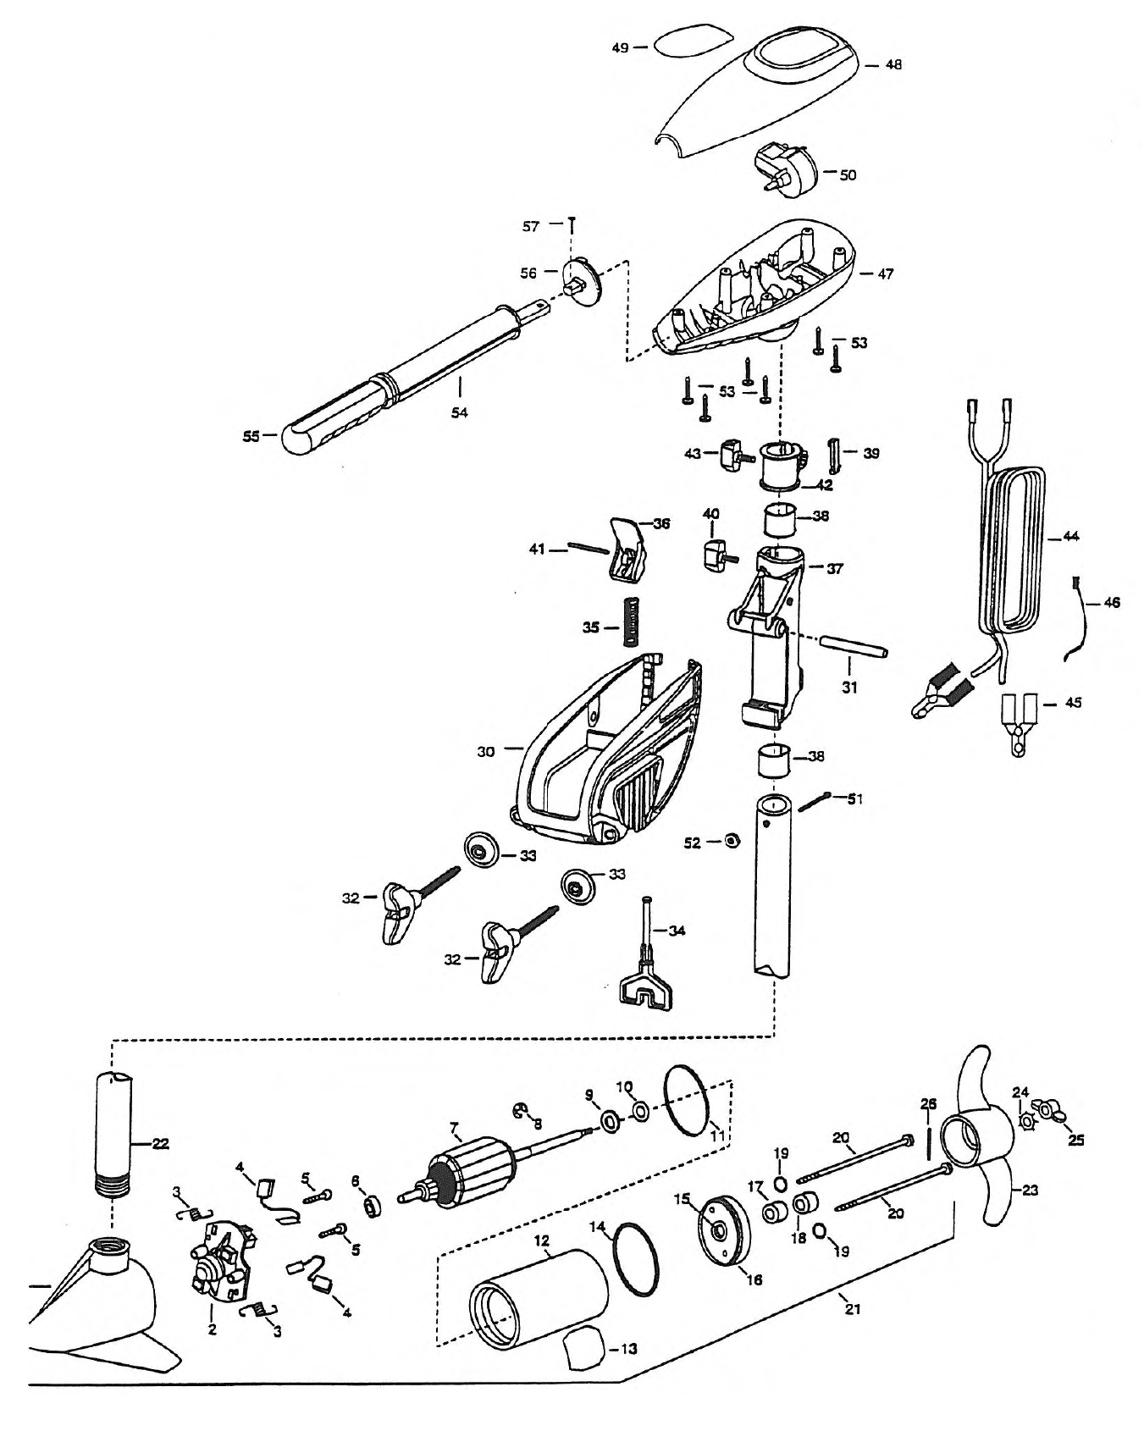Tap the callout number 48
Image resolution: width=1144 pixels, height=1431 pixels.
[x=893, y=64]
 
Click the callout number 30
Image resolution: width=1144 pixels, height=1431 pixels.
[x=485, y=751]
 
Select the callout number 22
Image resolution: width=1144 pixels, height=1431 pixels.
[x=160, y=1144]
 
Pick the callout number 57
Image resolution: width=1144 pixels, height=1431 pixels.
[x=531, y=226]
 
